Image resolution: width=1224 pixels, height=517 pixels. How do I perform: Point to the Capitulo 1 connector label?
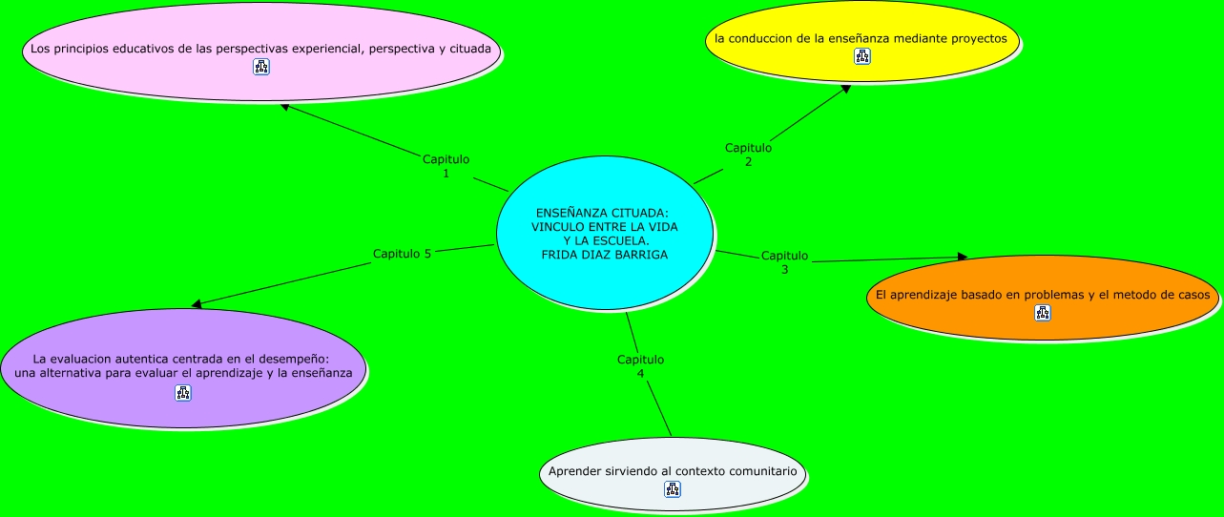point(446,166)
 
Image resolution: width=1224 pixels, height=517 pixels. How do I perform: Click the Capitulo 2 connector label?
point(748,155)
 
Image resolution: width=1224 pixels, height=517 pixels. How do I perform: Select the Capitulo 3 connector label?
point(784,262)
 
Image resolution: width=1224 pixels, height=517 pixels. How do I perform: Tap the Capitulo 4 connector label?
point(640,366)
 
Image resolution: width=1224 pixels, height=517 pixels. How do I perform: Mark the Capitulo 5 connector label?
point(402,254)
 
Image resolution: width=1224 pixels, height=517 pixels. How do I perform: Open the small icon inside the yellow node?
point(862,56)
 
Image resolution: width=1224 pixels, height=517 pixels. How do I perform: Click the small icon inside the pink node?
point(261,66)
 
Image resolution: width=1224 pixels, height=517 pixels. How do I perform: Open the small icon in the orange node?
point(1042,313)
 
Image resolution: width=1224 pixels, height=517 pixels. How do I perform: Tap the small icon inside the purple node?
point(183,392)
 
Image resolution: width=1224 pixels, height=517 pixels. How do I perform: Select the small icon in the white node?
point(672,489)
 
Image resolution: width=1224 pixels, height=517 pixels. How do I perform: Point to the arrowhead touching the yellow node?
point(844,90)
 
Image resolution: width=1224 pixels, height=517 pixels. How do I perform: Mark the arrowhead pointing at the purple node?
point(197,304)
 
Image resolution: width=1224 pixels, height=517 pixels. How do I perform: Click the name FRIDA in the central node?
point(560,255)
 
